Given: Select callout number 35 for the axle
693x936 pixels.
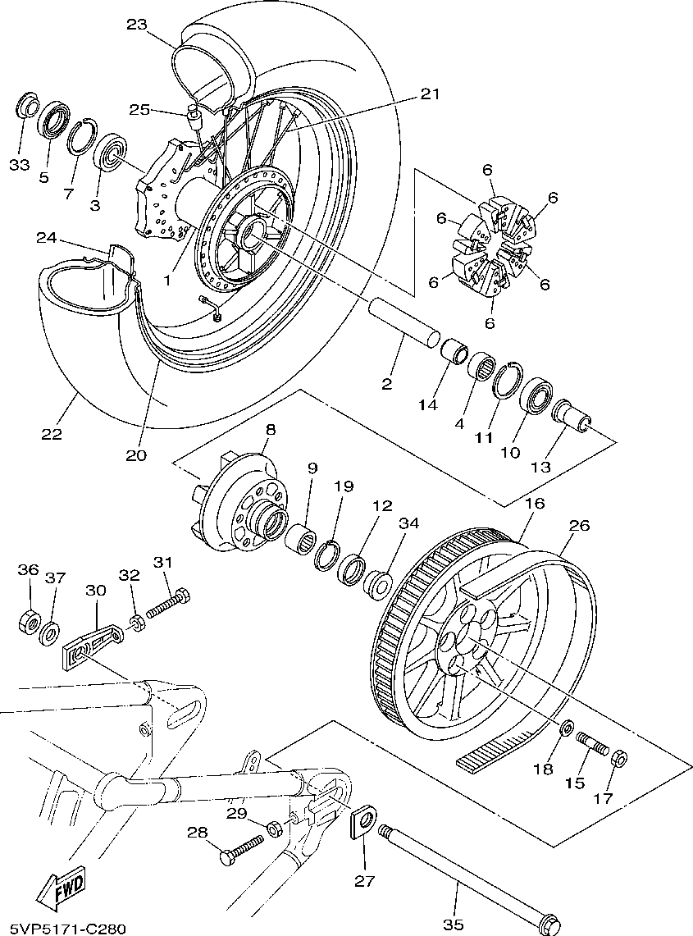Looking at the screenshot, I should click(x=453, y=925).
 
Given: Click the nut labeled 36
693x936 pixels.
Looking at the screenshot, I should click(x=28, y=621).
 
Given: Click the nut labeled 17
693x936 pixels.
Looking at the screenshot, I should click(x=620, y=756).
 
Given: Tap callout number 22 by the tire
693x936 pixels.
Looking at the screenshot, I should click(x=51, y=433).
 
